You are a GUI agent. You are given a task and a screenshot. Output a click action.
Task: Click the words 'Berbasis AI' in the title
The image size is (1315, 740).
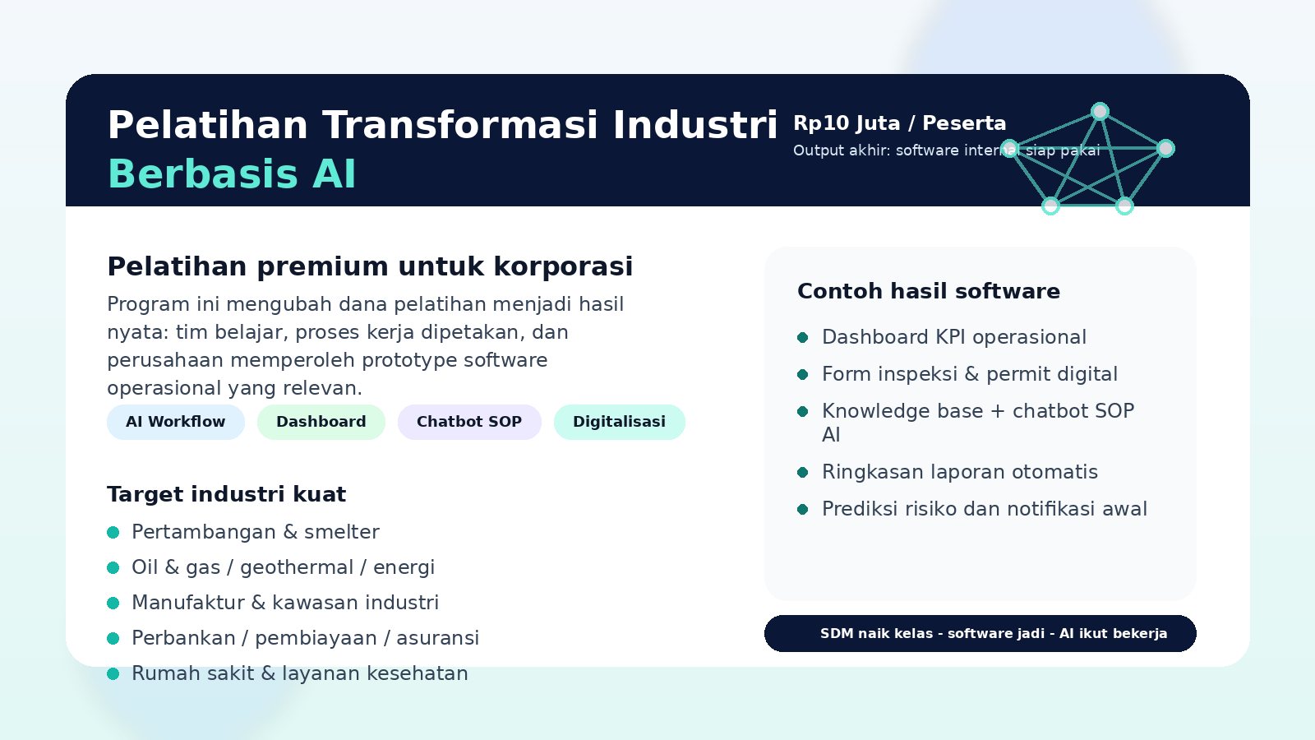click(x=232, y=174)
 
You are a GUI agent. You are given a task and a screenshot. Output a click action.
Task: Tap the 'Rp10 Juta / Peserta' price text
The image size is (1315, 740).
click(x=899, y=123)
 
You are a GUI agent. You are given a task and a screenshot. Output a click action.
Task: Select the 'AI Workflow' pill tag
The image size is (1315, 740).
click(x=175, y=422)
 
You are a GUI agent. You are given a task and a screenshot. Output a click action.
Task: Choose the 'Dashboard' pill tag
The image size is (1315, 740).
click(x=321, y=422)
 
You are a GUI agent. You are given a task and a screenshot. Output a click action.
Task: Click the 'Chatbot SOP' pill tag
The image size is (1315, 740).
click(x=468, y=422)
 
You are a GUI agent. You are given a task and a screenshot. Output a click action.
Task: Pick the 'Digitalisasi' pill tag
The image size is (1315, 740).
click(x=619, y=422)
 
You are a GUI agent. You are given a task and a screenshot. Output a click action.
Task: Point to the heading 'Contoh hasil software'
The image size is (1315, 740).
click(x=928, y=291)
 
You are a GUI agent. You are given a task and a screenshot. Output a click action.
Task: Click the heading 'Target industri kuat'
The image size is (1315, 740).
click(x=226, y=494)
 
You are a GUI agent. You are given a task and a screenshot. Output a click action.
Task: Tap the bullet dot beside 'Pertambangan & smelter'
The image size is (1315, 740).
click(x=113, y=533)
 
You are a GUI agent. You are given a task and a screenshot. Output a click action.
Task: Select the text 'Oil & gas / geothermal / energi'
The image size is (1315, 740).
click(x=283, y=567)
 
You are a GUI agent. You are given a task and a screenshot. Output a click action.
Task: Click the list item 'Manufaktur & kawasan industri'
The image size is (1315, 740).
click(x=284, y=603)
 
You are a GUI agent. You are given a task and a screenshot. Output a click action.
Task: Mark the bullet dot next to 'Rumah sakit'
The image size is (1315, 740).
click(x=113, y=674)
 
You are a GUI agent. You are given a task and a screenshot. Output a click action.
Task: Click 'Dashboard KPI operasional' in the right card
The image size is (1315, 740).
click(x=953, y=337)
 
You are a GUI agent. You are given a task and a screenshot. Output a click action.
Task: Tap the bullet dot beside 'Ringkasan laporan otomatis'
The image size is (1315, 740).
click(x=803, y=472)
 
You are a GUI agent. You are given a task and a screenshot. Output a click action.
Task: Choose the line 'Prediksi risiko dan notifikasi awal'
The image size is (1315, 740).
click(x=984, y=509)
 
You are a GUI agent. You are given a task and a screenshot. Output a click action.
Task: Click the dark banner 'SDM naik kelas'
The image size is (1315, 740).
click(x=980, y=633)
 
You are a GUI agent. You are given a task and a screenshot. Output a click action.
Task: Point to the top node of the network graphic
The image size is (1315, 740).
click(x=1100, y=111)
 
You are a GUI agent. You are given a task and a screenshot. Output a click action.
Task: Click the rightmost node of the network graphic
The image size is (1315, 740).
click(x=1165, y=148)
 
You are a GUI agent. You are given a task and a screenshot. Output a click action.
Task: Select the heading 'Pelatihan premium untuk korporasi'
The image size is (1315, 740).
click(x=370, y=266)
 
